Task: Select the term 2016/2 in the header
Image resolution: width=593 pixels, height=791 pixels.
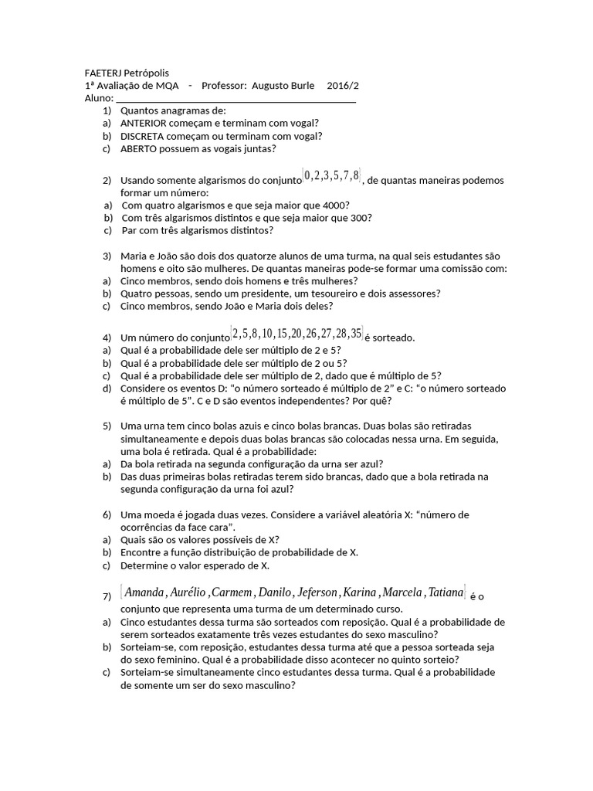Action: [343, 85]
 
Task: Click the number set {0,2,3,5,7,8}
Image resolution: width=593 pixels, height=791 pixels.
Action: [332, 176]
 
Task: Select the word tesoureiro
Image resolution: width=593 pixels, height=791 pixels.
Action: [341, 293]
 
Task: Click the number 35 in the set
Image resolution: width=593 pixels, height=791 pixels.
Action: [355, 334]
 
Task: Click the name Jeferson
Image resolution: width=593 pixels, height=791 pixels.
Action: [318, 592]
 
